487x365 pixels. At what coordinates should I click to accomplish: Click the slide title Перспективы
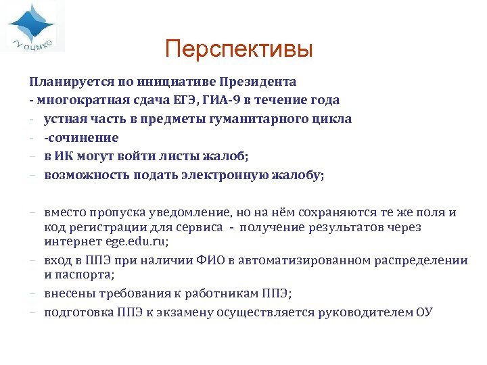click(239, 49)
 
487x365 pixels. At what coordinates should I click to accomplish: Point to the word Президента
click(258, 82)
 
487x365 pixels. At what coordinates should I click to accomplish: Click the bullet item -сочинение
click(81, 138)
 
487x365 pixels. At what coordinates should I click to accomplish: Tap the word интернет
click(70, 241)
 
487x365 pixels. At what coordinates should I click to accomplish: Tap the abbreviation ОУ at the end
click(424, 312)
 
